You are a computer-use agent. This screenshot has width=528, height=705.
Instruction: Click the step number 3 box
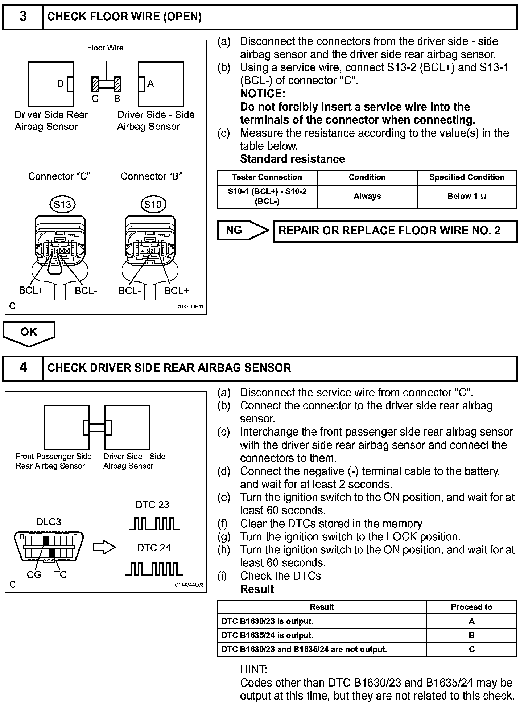pyautogui.click(x=23, y=17)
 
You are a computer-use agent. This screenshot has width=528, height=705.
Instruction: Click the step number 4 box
pyautogui.click(x=23, y=368)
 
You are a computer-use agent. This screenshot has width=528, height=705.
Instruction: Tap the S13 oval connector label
pyautogui.click(x=62, y=205)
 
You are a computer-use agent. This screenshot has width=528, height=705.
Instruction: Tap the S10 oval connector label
pyautogui.click(x=153, y=205)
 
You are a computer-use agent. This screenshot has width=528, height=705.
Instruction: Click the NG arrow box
pyautogui.click(x=242, y=230)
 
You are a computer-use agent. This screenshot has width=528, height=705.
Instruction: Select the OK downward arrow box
pyautogui.click(x=29, y=333)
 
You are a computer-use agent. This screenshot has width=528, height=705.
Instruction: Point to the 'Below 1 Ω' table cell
pyautogui.click(x=467, y=197)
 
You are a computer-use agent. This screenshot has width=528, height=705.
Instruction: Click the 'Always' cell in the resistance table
pyautogui.click(x=367, y=197)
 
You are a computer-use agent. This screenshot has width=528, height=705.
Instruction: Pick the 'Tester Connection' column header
pyautogui.click(x=267, y=177)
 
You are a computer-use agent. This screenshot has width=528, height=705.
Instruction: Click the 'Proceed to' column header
pyautogui.click(x=471, y=607)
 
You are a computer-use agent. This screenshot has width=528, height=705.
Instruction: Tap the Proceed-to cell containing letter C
pyautogui.click(x=471, y=649)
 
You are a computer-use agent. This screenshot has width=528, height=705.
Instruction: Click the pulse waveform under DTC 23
pyautogui.click(x=154, y=524)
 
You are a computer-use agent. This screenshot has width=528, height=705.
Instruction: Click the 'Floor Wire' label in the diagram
pyautogui.click(x=105, y=48)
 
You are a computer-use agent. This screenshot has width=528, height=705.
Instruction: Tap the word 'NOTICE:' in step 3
pyautogui.click(x=263, y=94)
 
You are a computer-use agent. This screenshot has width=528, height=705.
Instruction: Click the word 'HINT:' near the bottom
pyautogui.click(x=254, y=669)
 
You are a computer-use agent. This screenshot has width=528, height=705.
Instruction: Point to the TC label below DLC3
pyautogui.click(x=60, y=575)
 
